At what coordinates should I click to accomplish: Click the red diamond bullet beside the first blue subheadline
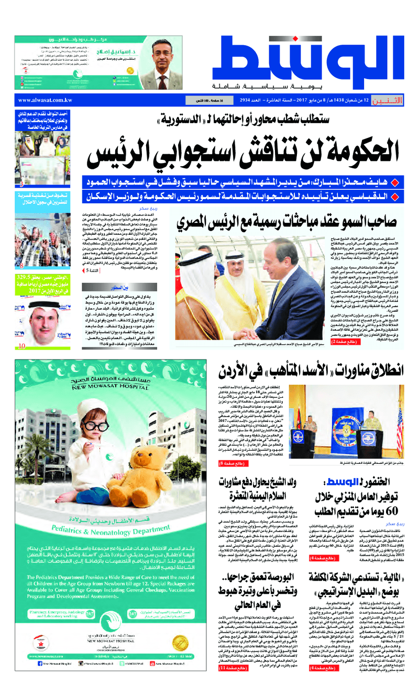(x=401, y=182)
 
